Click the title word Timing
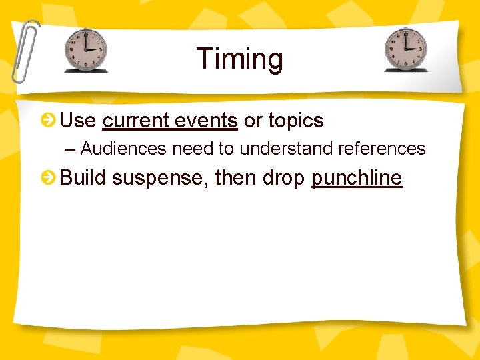point(239,59)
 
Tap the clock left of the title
point(85,50)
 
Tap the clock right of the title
point(406,50)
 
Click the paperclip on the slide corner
point(25,50)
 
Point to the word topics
point(295,121)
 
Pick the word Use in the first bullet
point(77,121)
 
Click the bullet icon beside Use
point(48,121)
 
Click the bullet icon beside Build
point(48,178)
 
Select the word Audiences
point(124,149)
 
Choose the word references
point(383,149)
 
